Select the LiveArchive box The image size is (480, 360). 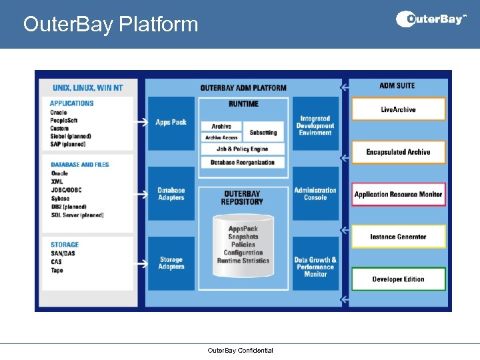pyautogui.click(x=398, y=109)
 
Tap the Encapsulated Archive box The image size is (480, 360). pyautogui.click(x=398, y=152)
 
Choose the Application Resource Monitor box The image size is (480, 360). pyautogui.click(x=398, y=195)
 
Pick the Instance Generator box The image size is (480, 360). pyautogui.click(x=398, y=237)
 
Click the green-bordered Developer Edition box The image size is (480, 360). pyautogui.click(x=398, y=279)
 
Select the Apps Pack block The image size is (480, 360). pyautogui.click(x=171, y=123)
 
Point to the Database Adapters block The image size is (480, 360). pyautogui.click(x=171, y=194)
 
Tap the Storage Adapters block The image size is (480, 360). pyautogui.click(x=171, y=263)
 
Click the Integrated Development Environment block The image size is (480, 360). pyautogui.click(x=315, y=125)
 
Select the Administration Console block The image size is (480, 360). pyautogui.click(x=315, y=194)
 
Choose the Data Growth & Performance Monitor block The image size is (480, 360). pyautogui.click(x=315, y=266)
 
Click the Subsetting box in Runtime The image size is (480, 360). pyautogui.click(x=264, y=133)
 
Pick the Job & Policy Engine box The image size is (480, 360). pyautogui.click(x=243, y=149)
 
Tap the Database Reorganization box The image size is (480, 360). pyautogui.click(x=243, y=163)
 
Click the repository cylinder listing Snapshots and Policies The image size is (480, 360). pyautogui.click(x=243, y=245)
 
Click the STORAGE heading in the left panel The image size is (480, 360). pyautogui.click(x=65, y=245)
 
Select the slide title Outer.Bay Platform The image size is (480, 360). pyautogui.click(x=111, y=25)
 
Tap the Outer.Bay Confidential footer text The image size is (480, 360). pyautogui.click(x=240, y=351)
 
